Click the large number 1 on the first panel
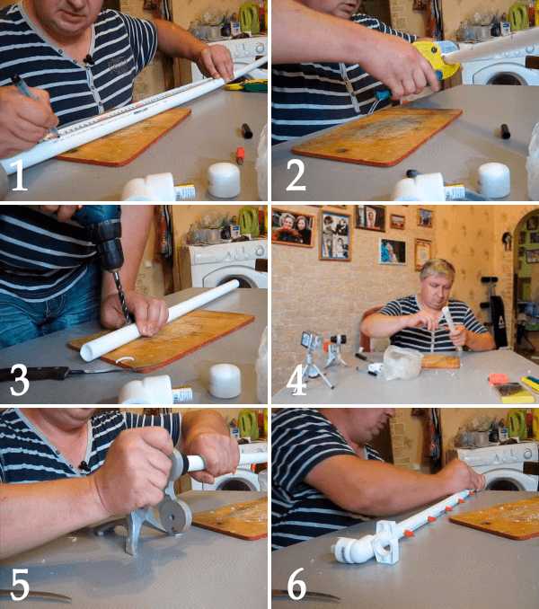tap(20, 174)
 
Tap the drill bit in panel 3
tap(121, 296)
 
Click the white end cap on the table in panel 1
tap(224, 180)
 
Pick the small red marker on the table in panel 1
tap(241, 155)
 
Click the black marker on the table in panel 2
tap(505, 131)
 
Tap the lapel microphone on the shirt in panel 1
tap(89, 59)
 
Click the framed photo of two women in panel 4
tap(293, 227)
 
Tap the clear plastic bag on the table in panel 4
tap(402, 362)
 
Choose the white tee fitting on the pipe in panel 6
tap(385, 543)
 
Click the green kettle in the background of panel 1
tap(250, 17)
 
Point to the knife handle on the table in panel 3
tap(34, 374)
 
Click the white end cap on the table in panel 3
tap(225, 381)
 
